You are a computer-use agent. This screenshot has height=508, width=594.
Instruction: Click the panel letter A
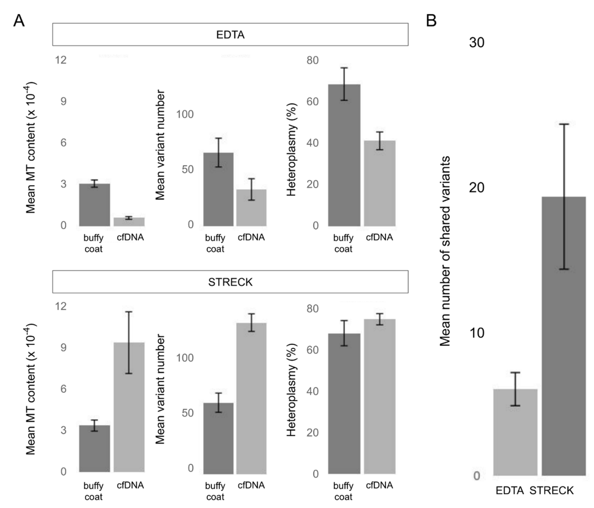point(19,21)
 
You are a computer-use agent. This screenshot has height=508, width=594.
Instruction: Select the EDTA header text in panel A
point(230,35)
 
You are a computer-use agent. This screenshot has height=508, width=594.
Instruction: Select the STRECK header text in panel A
point(230,282)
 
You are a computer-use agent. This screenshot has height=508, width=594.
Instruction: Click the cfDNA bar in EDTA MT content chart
point(129,222)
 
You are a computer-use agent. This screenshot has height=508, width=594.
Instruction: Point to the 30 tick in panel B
point(476,43)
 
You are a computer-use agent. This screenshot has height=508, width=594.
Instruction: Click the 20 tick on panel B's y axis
point(476,188)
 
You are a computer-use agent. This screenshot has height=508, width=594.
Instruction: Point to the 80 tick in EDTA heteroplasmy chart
point(313,60)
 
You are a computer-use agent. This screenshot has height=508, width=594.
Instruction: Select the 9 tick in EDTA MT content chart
point(63,101)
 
